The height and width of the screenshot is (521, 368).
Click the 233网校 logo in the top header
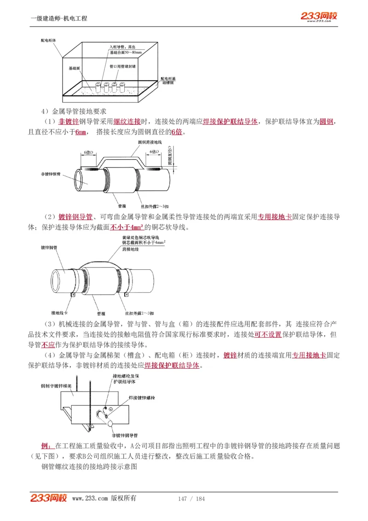pyautogui.click(x=319, y=17)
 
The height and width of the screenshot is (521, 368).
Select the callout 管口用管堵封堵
pyautogui.click(x=122, y=66)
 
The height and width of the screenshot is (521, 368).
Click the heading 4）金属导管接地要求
pyautogui.click(x=74, y=111)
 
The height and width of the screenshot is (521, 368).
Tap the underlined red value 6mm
pyautogui.click(x=81, y=133)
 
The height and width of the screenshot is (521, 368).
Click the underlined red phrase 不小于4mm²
pyautogui.click(x=127, y=227)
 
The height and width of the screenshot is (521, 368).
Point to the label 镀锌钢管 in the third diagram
pyautogui.click(x=49, y=247)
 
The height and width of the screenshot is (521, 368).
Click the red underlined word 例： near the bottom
pyautogui.click(x=47, y=446)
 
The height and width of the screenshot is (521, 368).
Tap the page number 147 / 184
pyautogui.click(x=191, y=499)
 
